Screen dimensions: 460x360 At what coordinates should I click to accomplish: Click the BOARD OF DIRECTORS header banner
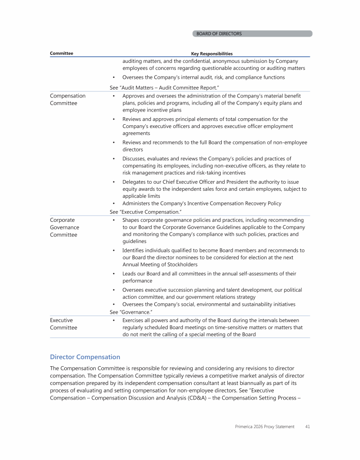coord(252,34)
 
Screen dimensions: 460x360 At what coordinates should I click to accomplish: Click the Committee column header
coord(61,53)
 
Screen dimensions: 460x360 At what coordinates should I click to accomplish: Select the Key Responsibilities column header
coord(212,54)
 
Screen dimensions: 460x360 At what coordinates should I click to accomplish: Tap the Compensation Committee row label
coord(67,99)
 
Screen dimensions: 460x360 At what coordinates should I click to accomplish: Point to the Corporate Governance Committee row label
coord(65,227)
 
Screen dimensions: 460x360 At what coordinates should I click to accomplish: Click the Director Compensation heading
coord(85,357)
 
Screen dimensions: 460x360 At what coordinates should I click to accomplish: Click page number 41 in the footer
coord(307,427)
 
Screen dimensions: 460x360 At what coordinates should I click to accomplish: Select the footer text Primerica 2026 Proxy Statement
coord(265,427)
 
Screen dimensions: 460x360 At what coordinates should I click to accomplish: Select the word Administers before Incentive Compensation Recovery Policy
coord(138,204)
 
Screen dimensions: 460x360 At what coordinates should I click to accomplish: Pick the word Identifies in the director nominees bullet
coord(135,250)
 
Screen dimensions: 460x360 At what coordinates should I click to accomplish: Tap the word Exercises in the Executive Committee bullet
coord(135,320)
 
